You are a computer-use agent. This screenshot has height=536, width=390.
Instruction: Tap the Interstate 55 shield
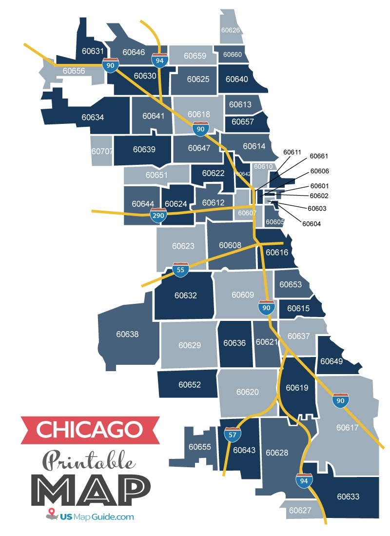coord(181,270)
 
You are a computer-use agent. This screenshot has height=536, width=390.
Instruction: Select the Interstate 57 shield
coord(232,434)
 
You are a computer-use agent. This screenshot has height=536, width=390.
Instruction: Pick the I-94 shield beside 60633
coord(304,481)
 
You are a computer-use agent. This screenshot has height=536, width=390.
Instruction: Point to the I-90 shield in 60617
coord(340,400)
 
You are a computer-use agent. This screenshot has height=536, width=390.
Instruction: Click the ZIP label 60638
coord(127,334)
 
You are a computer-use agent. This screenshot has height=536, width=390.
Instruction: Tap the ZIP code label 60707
coord(102,151)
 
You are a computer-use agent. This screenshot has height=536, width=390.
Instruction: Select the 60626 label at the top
coord(230,30)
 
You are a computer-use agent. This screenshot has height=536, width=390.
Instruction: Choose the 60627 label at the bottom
coord(300,511)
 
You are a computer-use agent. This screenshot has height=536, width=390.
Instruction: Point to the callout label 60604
coord(312,224)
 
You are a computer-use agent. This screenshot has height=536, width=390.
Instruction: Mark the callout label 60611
coord(292,152)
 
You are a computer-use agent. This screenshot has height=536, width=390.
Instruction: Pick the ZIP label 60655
coord(199,446)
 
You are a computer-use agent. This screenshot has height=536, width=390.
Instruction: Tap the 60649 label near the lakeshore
coord(331,361)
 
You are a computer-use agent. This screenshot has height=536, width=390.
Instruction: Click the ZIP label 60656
coord(74,71)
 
